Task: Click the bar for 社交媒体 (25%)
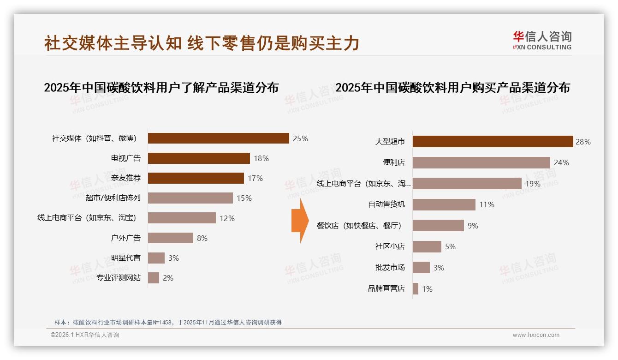click(x=218, y=138)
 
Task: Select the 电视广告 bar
click(x=199, y=158)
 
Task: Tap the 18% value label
click(x=261, y=158)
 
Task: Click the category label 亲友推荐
click(x=125, y=178)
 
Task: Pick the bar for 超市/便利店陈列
click(x=190, y=198)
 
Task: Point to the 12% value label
click(x=227, y=218)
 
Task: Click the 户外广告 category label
click(x=125, y=238)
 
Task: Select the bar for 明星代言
click(x=156, y=258)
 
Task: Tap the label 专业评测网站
click(x=119, y=278)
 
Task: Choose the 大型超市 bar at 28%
click(x=493, y=142)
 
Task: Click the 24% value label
click(x=561, y=162)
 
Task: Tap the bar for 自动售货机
click(x=444, y=204)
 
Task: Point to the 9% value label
click(x=472, y=226)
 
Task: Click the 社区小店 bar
click(x=427, y=246)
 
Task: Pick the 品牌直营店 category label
click(x=386, y=288)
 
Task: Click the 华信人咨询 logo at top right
click(x=542, y=40)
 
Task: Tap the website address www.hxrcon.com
click(x=536, y=335)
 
